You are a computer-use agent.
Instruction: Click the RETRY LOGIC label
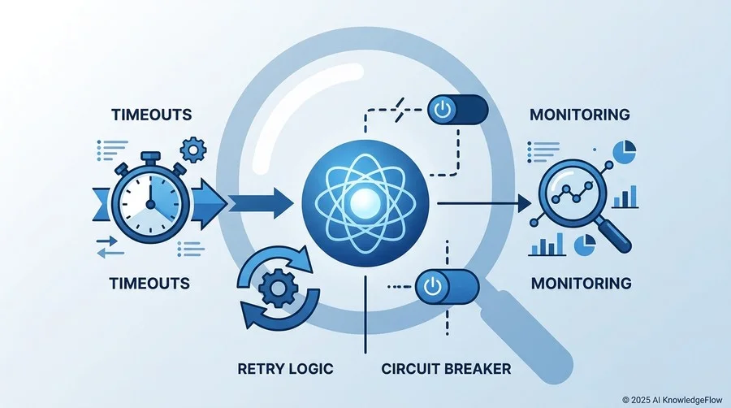tap(285, 369)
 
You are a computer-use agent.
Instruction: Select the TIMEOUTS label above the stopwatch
tap(152, 115)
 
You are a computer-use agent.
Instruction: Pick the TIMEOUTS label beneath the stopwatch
tap(149, 283)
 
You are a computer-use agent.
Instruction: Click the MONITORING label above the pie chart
tap(579, 115)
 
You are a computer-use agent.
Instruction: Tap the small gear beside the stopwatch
tap(193, 150)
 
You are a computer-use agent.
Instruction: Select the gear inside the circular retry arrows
tap(278, 288)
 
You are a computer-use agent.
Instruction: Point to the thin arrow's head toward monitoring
tap(525, 204)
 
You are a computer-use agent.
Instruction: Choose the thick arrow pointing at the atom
tap(260, 204)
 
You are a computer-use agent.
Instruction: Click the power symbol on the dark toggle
tap(441, 110)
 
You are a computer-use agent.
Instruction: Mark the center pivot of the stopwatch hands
tap(150, 204)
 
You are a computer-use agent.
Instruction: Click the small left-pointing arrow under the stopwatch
tap(110, 254)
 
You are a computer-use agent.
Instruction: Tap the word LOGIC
tap(310, 369)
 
